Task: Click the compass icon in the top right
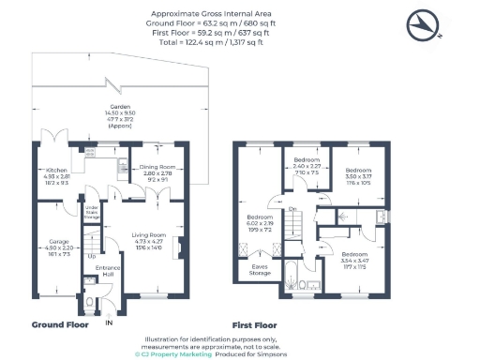[426, 23]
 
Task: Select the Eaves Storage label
[260, 270]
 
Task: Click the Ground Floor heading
[59, 324]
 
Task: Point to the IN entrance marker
[108, 323]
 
